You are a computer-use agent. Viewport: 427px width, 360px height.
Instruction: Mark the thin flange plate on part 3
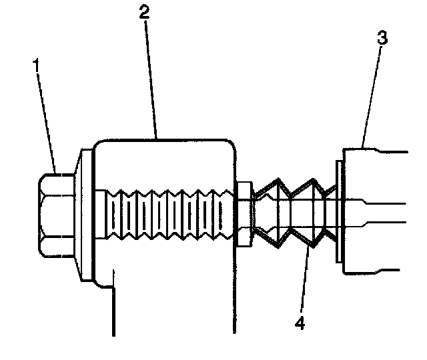[x=339, y=213]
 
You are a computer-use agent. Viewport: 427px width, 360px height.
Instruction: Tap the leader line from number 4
[x=304, y=280]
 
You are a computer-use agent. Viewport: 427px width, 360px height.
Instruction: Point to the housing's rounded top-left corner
[x=99, y=144]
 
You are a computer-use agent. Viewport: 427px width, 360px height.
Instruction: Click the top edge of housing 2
[x=167, y=139]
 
